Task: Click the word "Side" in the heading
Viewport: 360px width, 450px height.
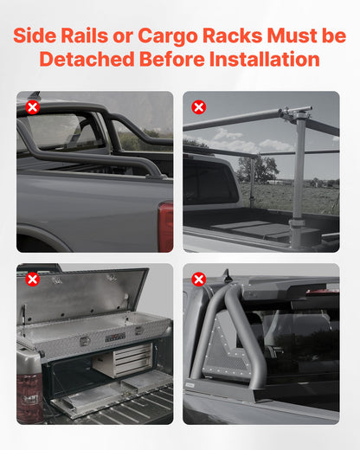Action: tap(41, 36)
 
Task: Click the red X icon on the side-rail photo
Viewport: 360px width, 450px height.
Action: tap(32, 107)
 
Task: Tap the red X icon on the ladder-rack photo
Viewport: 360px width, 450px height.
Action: tap(198, 107)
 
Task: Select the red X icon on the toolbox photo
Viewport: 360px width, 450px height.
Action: tap(32, 279)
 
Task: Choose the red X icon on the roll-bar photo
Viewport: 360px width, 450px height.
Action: tap(198, 279)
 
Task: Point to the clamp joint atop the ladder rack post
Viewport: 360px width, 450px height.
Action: tap(296, 115)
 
